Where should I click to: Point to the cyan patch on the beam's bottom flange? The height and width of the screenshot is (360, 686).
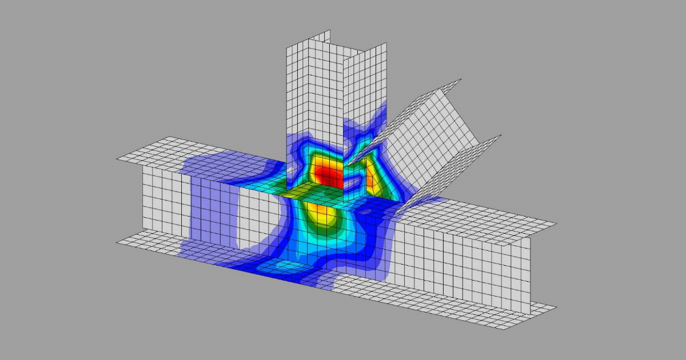pos(283,265)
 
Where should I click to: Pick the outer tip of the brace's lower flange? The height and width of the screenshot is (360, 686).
pos(500,136)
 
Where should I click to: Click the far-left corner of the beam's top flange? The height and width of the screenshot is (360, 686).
pos(118,158)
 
